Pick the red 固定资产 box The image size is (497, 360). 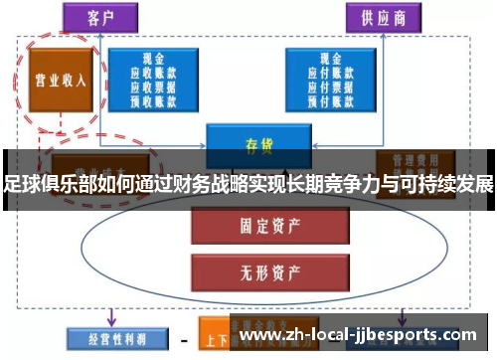256,226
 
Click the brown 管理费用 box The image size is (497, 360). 414,161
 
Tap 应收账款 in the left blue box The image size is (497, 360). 153,72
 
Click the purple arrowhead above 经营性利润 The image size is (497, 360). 111,319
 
